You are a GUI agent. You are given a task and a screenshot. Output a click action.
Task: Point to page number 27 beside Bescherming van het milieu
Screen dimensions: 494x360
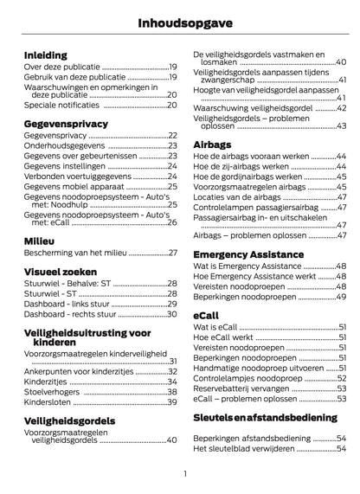[172, 253]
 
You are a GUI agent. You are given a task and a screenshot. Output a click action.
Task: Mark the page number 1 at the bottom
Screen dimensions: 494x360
[185, 473]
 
